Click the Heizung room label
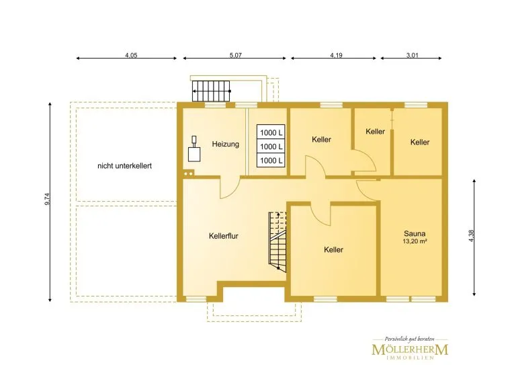click(226, 144)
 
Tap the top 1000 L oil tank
click(271, 132)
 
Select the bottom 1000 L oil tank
click(271, 160)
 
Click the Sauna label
click(415, 234)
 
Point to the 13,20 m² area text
click(415, 241)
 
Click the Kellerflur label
click(224, 236)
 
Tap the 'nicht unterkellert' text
click(124, 166)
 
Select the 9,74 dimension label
click(48, 200)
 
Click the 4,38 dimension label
click(471, 236)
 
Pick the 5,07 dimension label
click(236, 55)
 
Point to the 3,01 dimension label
click(412, 55)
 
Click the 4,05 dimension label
click(131, 55)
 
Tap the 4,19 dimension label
click(337, 55)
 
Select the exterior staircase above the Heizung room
click(212, 91)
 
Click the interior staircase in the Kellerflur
click(277, 242)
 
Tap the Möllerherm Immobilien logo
click(410, 348)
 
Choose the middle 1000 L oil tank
click(271, 147)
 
